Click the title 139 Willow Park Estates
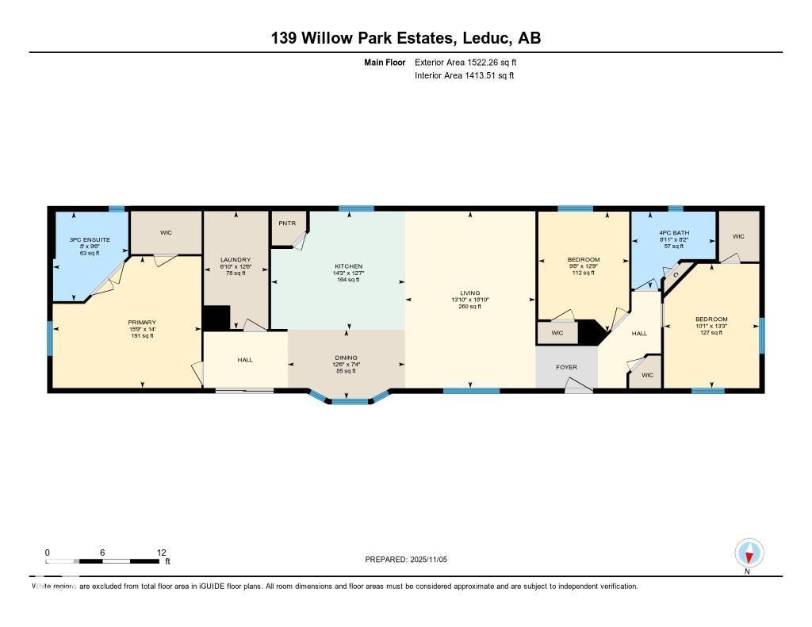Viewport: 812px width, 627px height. pos(406,38)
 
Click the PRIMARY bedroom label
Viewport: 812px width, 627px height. pos(142,323)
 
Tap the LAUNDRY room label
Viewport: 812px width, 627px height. pos(236,260)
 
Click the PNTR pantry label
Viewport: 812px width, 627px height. pos(287,224)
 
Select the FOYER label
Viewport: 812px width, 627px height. pos(566,367)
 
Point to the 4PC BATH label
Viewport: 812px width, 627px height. pos(674,233)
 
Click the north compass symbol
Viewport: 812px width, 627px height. pos(749,552)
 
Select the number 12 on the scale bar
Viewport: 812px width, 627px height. pos(162,552)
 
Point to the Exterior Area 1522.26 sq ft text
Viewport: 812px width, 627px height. pos(465,62)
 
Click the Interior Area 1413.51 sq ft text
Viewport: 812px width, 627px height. pos(464,76)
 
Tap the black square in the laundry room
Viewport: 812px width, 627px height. pos(216,318)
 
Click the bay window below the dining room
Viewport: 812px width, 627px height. pos(350,400)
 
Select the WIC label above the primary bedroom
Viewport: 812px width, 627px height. pos(166,232)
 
